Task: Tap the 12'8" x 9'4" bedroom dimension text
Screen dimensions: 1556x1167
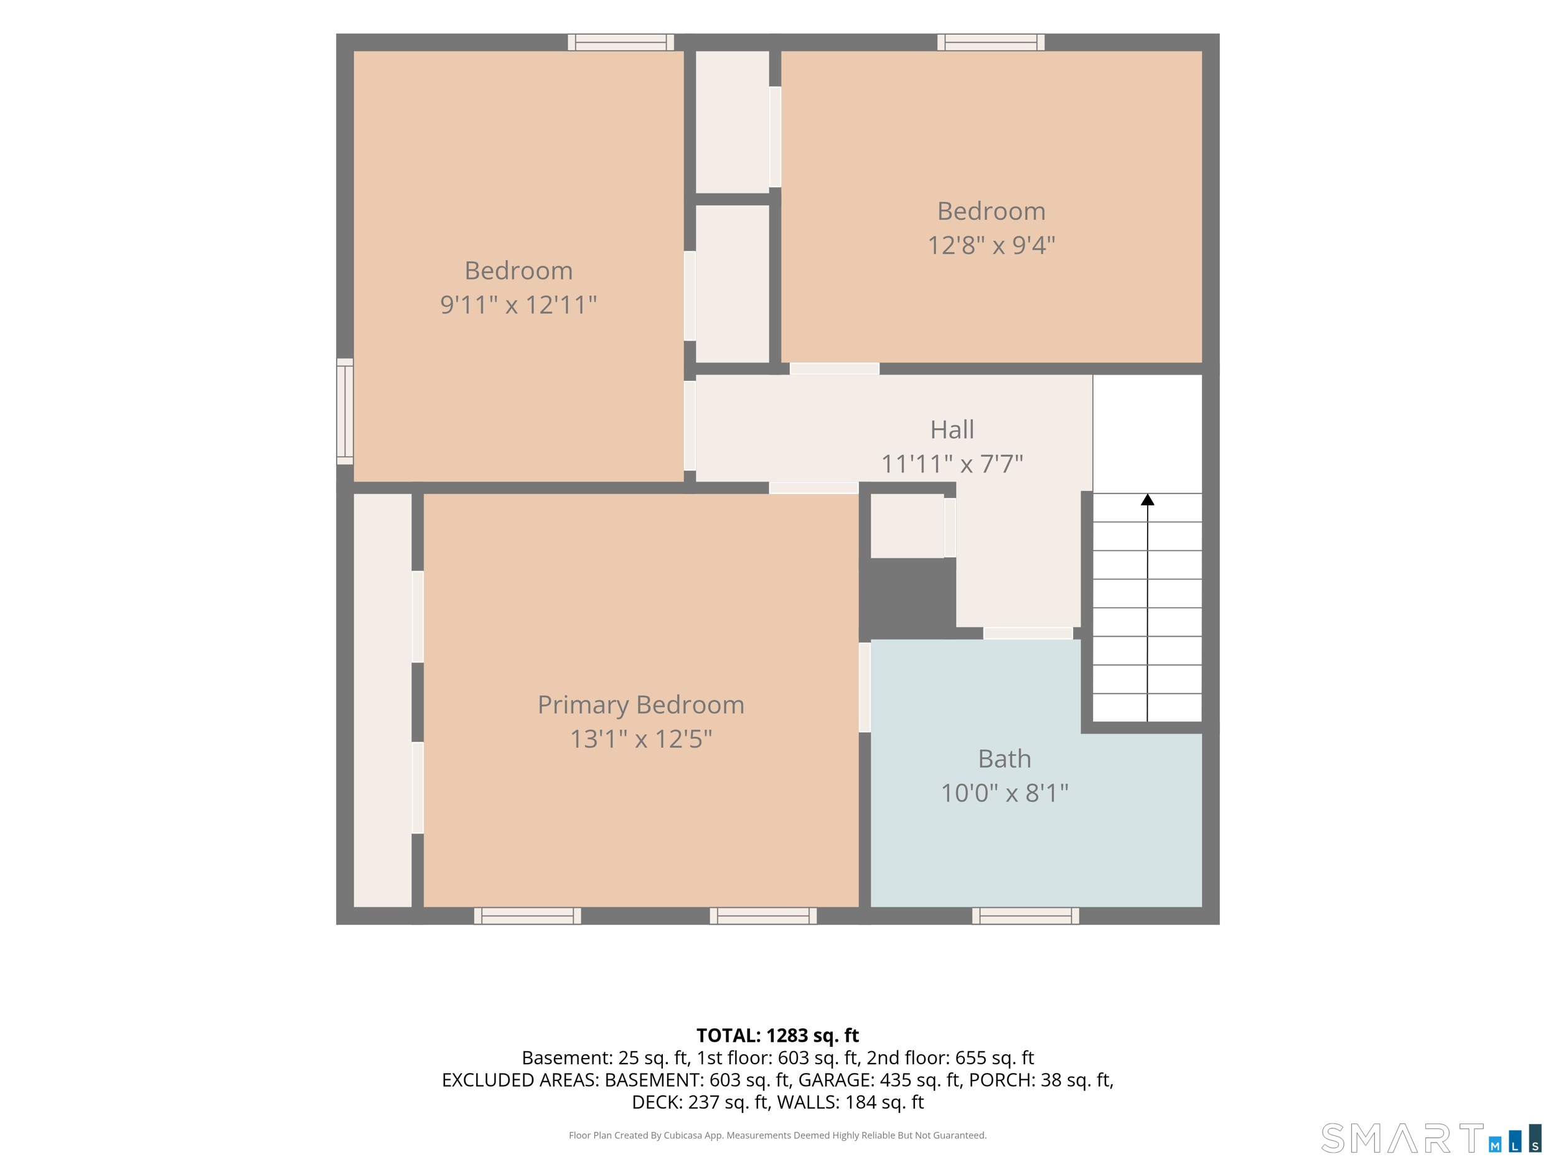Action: click(x=991, y=245)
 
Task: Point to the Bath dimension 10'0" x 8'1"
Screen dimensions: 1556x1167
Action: click(x=1005, y=793)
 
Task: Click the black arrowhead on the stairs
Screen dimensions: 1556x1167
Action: click(x=1147, y=499)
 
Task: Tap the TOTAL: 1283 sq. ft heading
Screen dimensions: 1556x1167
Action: click(x=777, y=1036)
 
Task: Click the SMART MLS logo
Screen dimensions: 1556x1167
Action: click(x=1431, y=1138)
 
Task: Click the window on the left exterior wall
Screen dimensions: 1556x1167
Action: click(x=345, y=411)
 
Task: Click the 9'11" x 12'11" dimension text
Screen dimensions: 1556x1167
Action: click(x=518, y=304)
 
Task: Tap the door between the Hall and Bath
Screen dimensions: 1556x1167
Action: click(x=1028, y=633)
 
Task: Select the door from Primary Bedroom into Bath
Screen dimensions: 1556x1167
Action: click(x=865, y=687)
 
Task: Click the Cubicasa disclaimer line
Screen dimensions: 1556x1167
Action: click(x=777, y=1135)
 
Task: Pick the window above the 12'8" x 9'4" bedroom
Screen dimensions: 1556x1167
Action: click(x=990, y=42)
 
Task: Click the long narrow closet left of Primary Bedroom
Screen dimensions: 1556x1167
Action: click(x=382, y=700)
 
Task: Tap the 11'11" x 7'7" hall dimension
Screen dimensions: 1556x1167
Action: click(x=952, y=464)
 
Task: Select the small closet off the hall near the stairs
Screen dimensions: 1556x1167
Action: click(x=907, y=525)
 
